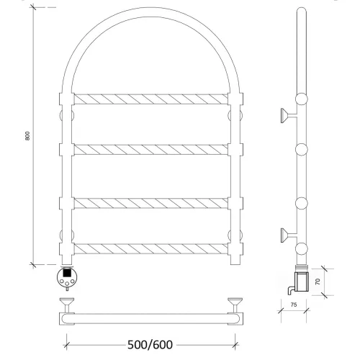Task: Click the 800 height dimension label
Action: point(27,136)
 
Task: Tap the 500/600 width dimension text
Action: point(150,345)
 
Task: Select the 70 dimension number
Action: point(318,282)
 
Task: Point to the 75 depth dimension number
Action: point(294,305)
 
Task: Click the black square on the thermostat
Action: point(66,273)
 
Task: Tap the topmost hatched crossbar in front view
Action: point(150,99)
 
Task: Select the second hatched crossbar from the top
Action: point(150,150)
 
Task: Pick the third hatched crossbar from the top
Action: point(150,203)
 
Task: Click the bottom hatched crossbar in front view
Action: point(150,249)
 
